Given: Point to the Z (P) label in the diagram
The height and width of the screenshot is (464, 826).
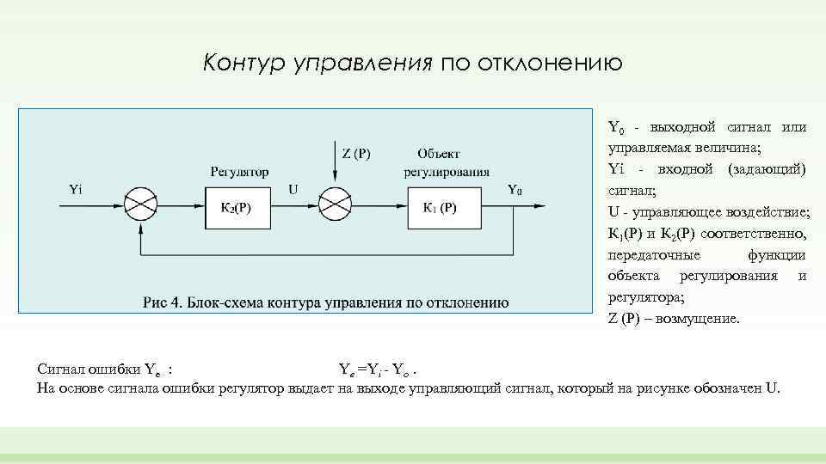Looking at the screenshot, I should [x=355, y=155].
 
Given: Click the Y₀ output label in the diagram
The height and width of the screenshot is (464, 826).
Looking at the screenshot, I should [x=515, y=190].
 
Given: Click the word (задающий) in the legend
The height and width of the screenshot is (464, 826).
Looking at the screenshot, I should [x=766, y=168].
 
